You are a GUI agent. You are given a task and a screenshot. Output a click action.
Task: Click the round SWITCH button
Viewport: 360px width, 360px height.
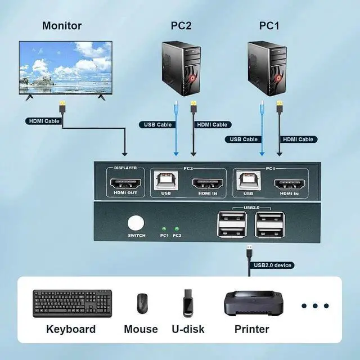pyautogui.click(x=136, y=222)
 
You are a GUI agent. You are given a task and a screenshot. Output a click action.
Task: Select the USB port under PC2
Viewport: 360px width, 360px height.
pyautogui.click(x=166, y=181)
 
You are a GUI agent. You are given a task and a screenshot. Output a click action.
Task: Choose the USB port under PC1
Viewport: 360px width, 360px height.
pyautogui.click(x=248, y=181)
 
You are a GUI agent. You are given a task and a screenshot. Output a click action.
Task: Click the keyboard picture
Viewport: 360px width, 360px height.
pyautogui.click(x=72, y=304)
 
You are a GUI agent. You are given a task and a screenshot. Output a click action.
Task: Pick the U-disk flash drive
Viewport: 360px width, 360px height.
pyautogui.click(x=187, y=304)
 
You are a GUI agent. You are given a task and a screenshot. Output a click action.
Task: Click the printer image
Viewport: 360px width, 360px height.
pyautogui.click(x=251, y=304)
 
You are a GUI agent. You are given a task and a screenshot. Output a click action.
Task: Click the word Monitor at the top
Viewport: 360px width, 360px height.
pyautogui.click(x=62, y=26)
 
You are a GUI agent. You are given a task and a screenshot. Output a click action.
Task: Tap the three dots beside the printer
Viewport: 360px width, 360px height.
pyautogui.click(x=315, y=306)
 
